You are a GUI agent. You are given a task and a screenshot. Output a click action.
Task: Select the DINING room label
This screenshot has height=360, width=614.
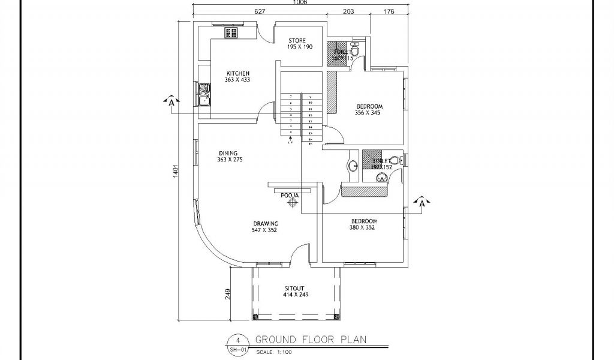pyautogui.click(x=227, y=152)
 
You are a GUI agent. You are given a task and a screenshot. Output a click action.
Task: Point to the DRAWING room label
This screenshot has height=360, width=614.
pyautogui.click(x=265, y=223)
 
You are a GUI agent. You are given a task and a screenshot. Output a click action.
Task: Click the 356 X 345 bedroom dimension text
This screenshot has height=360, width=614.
pyautogui.click(x=368, y=113)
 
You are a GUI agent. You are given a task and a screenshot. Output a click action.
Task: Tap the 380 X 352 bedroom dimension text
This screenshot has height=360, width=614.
pyautogui.click(x=362, y=227)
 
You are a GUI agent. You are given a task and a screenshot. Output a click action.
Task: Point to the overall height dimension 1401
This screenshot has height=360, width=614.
pyautogui.click(x=176, y=171)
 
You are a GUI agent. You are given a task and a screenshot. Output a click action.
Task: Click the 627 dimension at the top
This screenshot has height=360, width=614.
pyautogui.click(x=260, y=11)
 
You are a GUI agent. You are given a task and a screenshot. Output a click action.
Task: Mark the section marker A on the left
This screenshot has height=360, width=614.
pyautogui.click(x=171, y=101)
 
